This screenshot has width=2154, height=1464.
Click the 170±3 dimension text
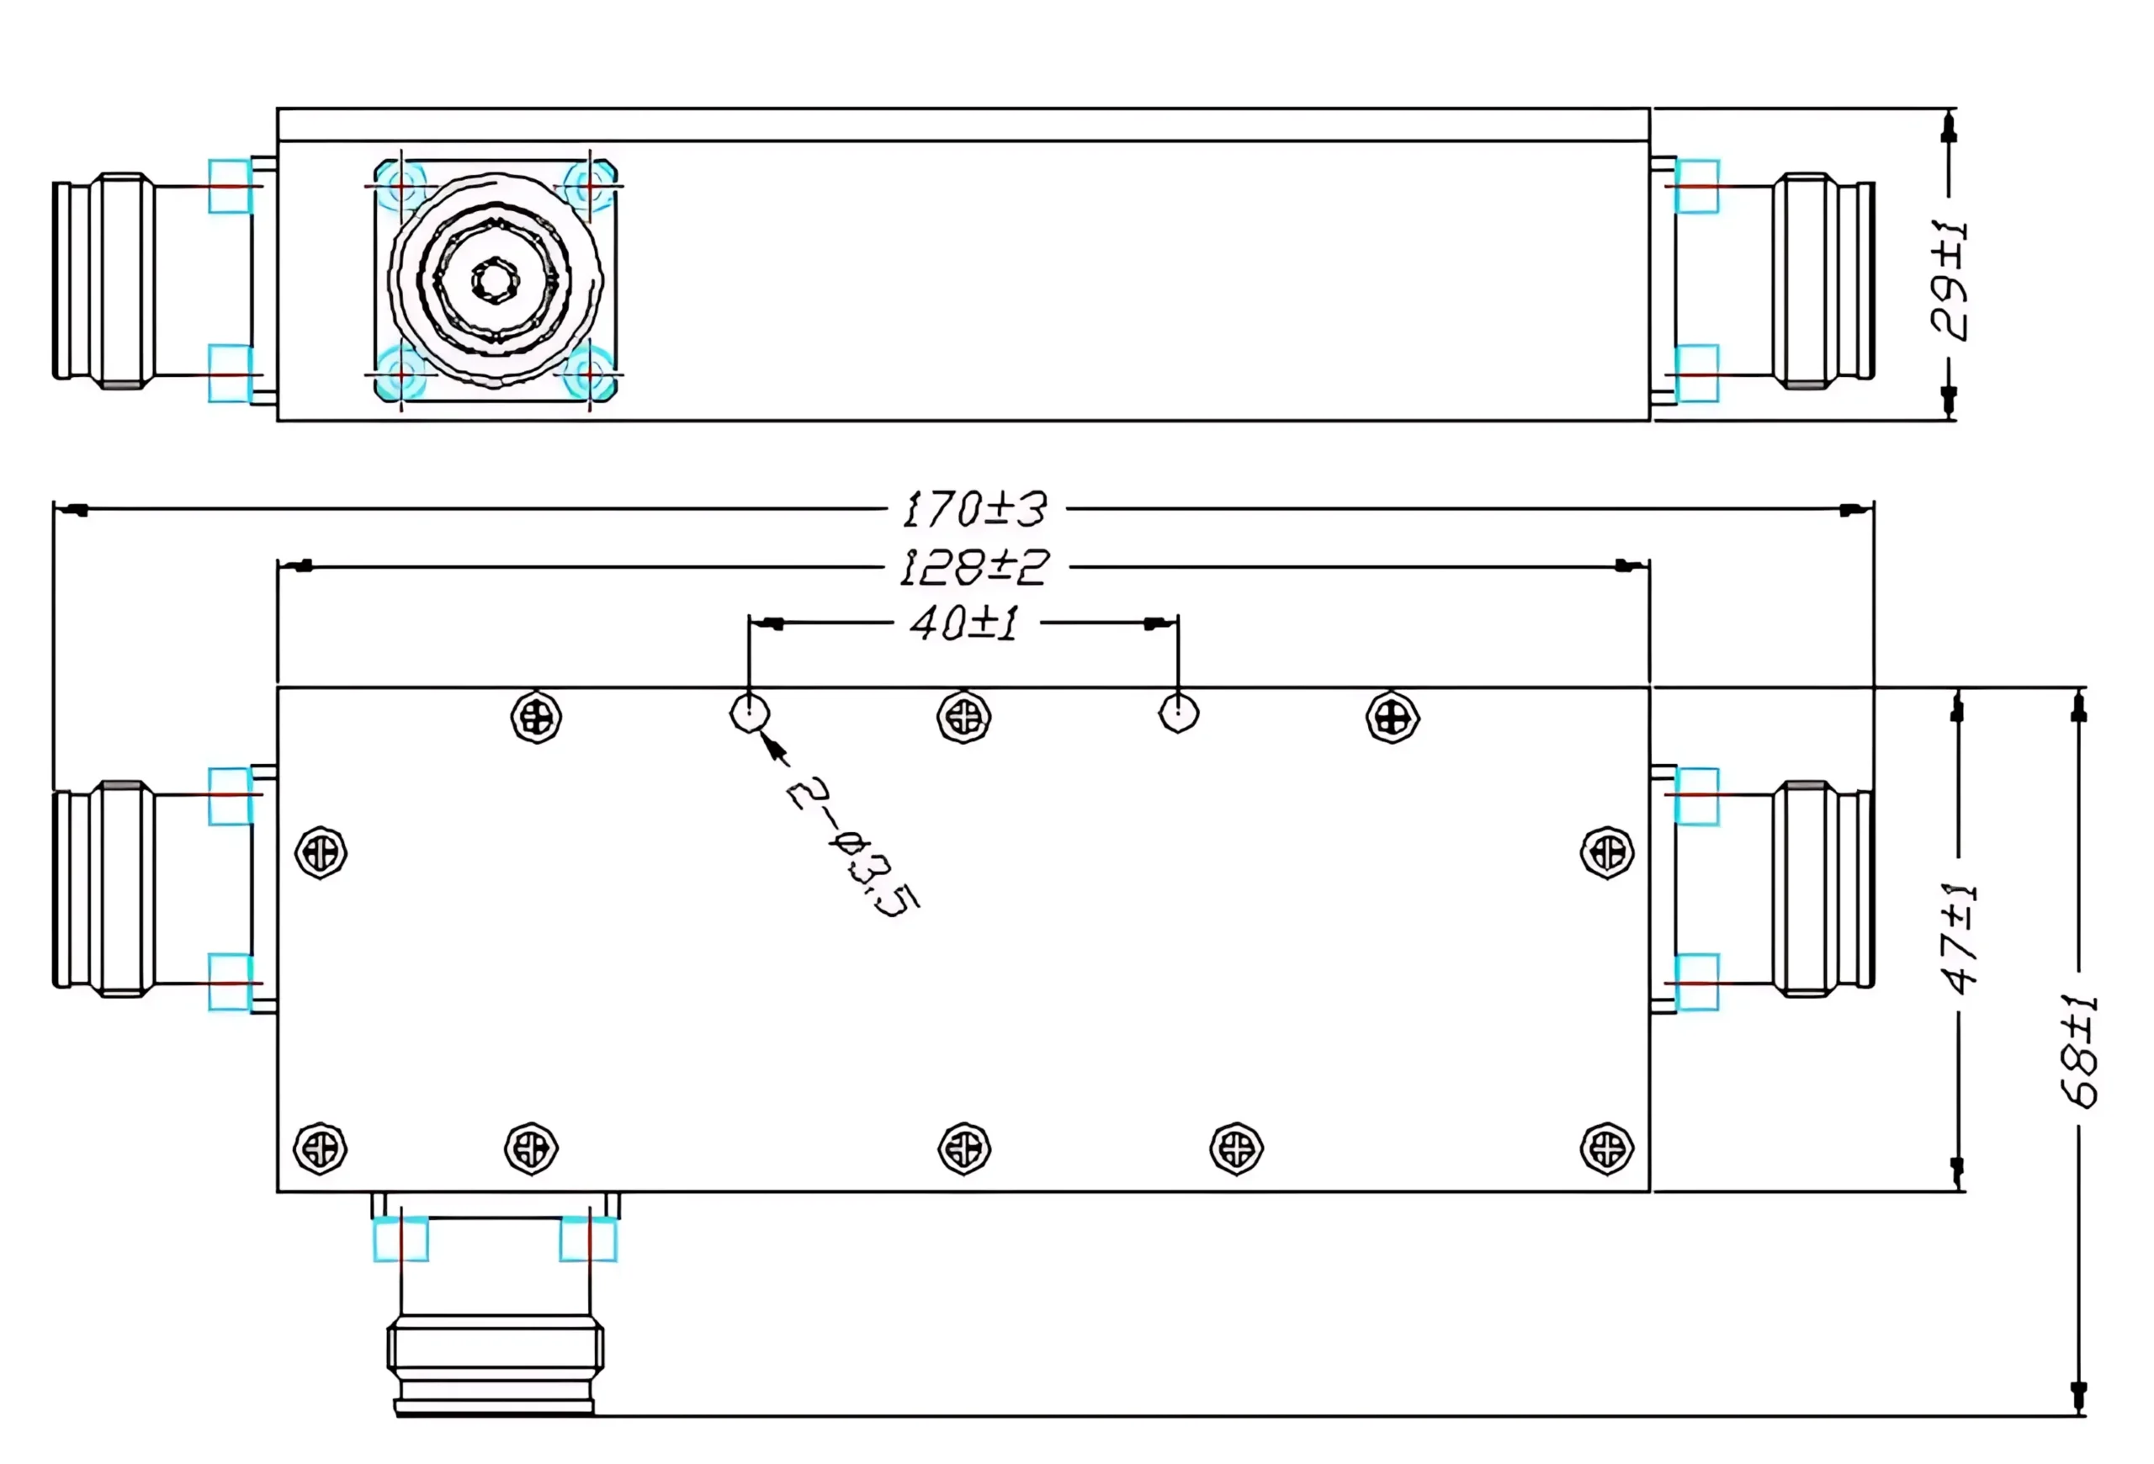click(974, 510)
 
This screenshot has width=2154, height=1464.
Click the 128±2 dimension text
click(974, 567)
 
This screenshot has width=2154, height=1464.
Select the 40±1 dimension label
click(964, 623)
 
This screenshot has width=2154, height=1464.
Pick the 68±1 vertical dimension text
click(2078, 1051)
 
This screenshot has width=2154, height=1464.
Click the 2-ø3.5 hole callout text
click(852, 846)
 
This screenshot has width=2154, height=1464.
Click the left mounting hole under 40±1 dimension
click(749, 713)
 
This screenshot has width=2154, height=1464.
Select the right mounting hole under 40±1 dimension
click(1178, 713)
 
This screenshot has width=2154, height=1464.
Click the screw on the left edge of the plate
click(321, 852)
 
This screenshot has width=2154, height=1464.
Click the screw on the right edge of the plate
click(1606, 852)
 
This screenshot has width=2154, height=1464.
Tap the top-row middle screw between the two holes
click(964, 717)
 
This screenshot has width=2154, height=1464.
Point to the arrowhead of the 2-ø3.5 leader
click(769, 742)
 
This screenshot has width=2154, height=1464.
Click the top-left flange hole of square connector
click(401, 187)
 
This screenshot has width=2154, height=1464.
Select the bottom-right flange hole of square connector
click(590, 374)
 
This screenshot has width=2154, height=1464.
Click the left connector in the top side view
click(103, 280)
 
